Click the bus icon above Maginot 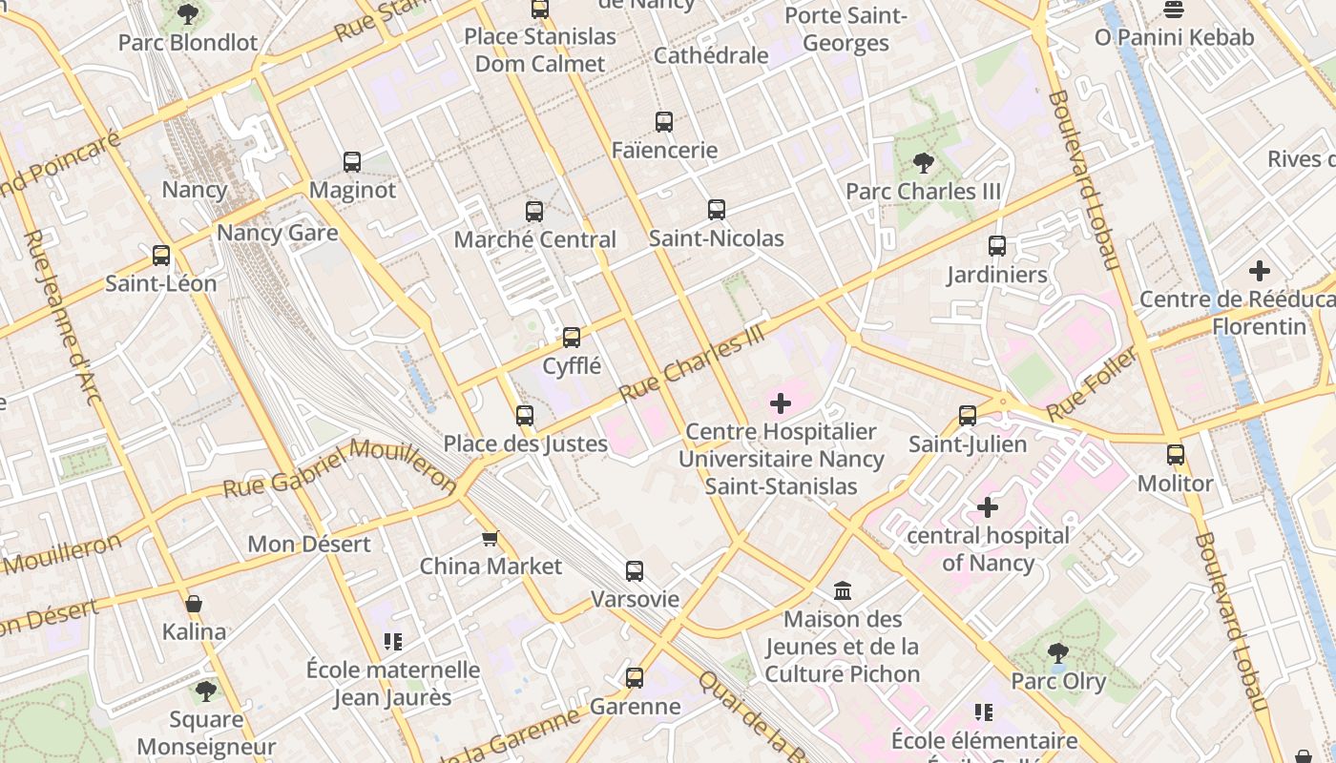tap(352, 162)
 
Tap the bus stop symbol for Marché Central tap(534, 212)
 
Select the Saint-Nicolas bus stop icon tap(717, 210)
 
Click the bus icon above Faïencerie tap(664, 122)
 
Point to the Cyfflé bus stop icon tap(572, 338)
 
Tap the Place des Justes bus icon tap(525, 416)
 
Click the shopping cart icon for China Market tap(491, 539)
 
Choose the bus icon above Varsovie tap(635, 571)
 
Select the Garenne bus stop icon tap(635, 678)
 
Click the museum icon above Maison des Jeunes tap(843, 591)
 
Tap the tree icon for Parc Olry tap(1057, 653)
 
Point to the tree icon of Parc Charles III tap(923, 163)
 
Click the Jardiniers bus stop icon tap(997, 246)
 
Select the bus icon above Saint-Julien tap(968, 416)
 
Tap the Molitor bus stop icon tap(1176, 455)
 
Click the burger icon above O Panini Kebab tap(1174, 10)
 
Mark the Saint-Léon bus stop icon tap(161, 256)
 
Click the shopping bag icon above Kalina tap(194, 604)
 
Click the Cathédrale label tap(711, 55)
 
